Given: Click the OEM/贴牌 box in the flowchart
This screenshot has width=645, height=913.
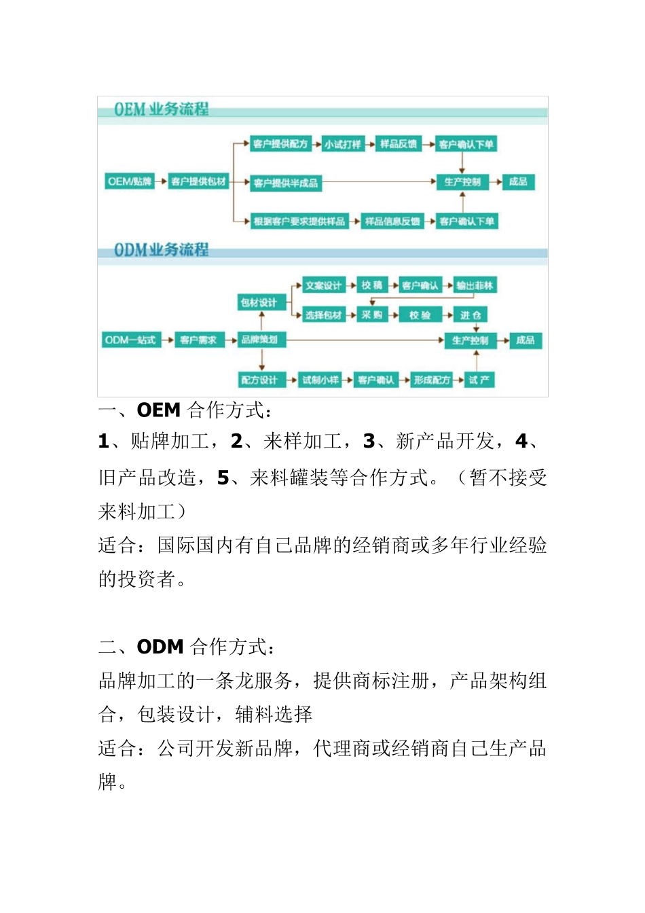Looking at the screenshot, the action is [130, 181].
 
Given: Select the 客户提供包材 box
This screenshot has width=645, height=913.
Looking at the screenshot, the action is [198, 181].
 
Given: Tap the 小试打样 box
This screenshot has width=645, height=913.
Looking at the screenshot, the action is [342, 144].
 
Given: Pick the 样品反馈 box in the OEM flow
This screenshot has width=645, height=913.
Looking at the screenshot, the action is [398, 144].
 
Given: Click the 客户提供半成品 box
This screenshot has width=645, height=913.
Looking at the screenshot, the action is [285, 183].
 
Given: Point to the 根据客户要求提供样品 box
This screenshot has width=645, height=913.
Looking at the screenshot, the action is [299, 221].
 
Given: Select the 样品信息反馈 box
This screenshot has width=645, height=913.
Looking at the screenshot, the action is [392, 221].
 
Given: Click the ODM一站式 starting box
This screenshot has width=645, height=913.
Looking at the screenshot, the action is [130, 340].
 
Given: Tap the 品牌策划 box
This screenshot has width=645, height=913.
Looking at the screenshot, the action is [260, 339].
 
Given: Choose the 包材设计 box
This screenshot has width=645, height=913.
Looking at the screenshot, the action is [259, 302].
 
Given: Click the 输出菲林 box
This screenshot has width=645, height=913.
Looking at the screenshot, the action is [475, 285].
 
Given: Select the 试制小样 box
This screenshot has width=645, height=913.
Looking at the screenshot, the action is [320, 380].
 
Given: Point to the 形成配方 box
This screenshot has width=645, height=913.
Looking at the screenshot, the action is [432, 380].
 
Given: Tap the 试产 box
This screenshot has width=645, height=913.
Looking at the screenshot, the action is [479, 380].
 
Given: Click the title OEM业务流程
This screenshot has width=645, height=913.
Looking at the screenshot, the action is [161, 109].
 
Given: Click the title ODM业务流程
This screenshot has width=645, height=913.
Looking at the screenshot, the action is [161, 250].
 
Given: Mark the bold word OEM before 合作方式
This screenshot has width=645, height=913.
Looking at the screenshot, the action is [159, 410].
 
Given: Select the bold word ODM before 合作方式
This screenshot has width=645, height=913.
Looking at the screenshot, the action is [160, 647].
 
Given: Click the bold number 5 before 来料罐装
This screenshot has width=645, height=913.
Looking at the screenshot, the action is [223, 478].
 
